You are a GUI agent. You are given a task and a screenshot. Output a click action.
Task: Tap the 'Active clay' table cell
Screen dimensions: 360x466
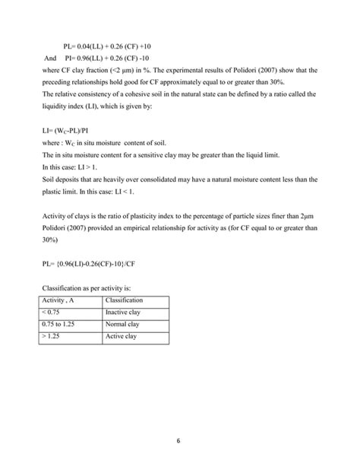point(122,336)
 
